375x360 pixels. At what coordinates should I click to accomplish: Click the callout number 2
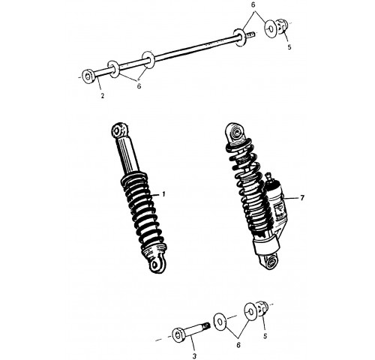tap(102, 95)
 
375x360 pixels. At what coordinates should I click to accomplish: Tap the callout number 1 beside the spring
tap(163, 194)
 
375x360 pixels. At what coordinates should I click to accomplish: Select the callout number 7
tap(302, 198)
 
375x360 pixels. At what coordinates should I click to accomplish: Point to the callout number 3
tap(194, 355)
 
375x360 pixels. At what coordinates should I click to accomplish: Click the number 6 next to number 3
tap(238, 345)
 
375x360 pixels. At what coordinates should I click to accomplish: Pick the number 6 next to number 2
tap(139, 85)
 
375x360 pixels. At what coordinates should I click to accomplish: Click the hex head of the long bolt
tap(88, 76)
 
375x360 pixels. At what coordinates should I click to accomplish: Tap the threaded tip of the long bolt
tap(250, 34)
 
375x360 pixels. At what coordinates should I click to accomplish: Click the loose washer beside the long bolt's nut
tap(270, 29)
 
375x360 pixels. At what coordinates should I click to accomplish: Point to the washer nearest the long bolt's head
tap(114, 69)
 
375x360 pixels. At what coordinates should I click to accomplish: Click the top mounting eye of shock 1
tap(118, 130)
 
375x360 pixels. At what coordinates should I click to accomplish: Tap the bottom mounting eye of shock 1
tap(157, 265)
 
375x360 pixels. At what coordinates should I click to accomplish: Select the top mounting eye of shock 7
tap(235, 131)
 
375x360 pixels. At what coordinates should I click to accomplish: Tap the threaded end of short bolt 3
tap(206, 326)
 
